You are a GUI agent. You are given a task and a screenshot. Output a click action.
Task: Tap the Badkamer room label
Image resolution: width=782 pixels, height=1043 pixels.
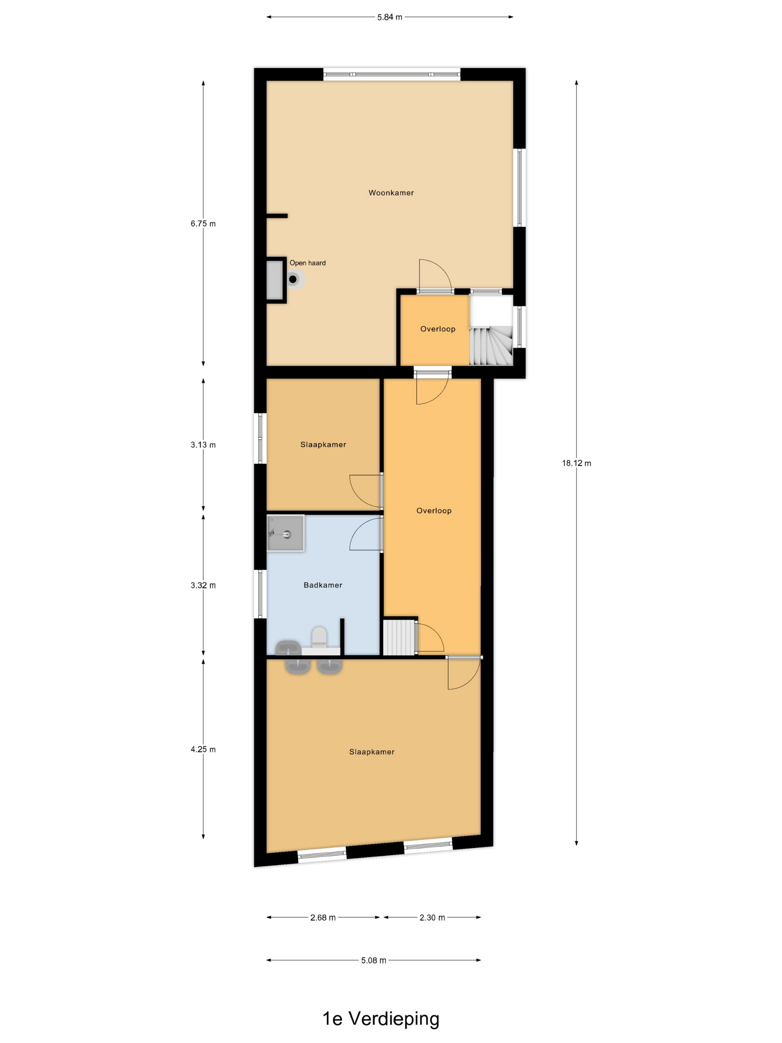coord(323,585)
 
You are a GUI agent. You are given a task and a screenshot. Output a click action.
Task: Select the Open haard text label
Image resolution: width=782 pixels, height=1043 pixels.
coord(307,263)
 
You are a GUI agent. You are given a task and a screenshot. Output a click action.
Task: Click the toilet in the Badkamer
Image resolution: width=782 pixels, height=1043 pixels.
coord(320,637)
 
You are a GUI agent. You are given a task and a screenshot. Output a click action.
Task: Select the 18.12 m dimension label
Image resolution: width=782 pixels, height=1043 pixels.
coord(576,463)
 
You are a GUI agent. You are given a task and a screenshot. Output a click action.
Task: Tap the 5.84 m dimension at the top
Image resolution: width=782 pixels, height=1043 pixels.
coord(390,18)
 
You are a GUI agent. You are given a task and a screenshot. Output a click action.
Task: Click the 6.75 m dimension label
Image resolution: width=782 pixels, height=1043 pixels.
coord(203,224)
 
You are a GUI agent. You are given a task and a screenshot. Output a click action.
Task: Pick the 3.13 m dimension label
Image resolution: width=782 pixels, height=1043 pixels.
coord(203,445)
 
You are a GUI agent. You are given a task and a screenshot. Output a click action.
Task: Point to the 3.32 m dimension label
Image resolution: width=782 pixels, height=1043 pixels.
coord(203,585)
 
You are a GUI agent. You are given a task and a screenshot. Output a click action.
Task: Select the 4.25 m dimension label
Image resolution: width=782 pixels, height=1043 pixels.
coord(203,749)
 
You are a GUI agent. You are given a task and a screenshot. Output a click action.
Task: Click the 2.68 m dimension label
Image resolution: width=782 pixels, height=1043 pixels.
coord(323,917)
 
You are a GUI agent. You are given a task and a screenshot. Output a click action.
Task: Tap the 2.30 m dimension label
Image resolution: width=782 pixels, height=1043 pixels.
coord(432,917)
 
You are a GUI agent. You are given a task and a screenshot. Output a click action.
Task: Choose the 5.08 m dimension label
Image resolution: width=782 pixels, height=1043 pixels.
coord(373,960)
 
